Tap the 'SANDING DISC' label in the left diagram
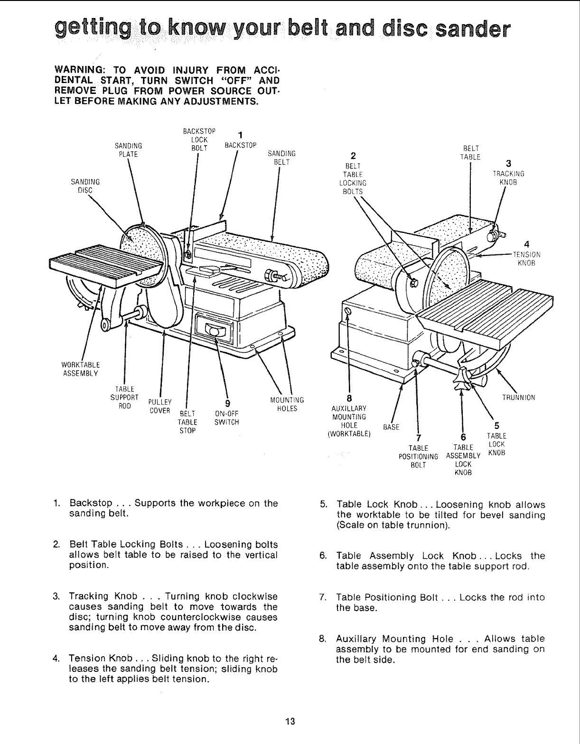point(85,186)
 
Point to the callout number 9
point(227,403)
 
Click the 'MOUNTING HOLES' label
point(286,404)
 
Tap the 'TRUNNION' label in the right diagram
point(519,398)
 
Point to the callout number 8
point(350,398)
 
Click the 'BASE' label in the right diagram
point(391,427)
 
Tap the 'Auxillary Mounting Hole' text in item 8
point(387,639)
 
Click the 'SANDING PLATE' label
point(127,149)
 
